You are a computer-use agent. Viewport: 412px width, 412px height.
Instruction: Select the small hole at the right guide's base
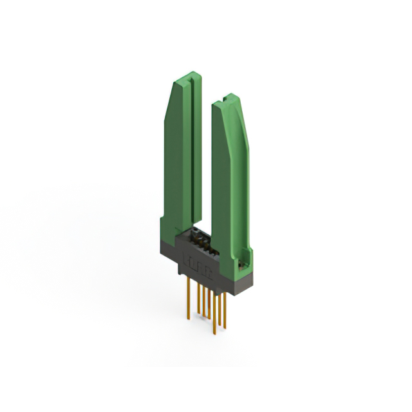coord(243,264)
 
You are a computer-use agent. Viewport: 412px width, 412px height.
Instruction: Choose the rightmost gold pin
coord(224,309)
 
